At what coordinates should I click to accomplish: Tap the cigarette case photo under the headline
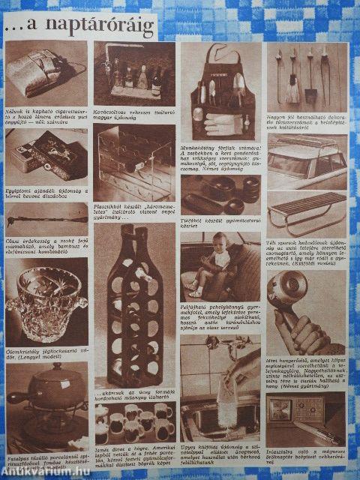pos(45,73)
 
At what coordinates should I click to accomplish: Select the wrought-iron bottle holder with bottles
pos(132,74)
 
